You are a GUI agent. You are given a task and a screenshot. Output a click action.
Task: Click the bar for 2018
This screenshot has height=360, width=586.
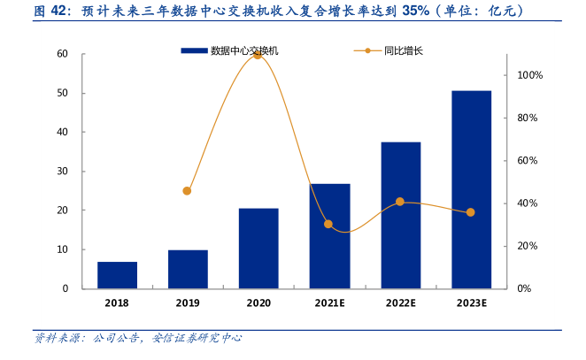point(117,275)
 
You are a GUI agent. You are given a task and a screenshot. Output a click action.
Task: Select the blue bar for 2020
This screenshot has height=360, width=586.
point(258,249)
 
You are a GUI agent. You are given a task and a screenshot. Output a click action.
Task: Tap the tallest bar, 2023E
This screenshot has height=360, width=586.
point(471,189)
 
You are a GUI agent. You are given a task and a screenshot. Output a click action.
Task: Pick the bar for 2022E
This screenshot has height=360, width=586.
point(400,215)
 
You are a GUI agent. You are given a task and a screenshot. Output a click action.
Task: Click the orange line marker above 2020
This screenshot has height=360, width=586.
point(258,55)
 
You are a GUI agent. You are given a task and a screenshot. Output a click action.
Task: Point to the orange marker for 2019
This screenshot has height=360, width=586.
point(187,191)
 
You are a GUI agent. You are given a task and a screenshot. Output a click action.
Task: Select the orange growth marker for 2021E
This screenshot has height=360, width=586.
point(328,224)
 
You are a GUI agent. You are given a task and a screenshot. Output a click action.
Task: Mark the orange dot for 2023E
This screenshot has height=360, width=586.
point(471,212)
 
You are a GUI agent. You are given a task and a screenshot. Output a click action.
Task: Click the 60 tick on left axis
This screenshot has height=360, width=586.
point(63,54)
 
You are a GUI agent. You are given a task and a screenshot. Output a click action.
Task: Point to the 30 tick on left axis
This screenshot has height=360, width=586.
point(63,172)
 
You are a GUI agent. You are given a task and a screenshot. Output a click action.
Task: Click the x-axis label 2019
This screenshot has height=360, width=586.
point(188,303)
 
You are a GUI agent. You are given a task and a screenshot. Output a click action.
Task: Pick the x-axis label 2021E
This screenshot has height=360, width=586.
point(329,303)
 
